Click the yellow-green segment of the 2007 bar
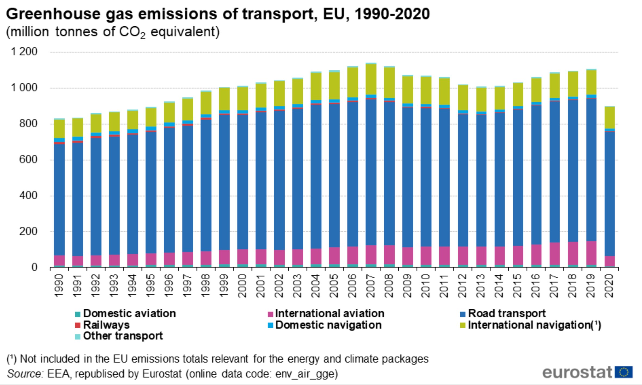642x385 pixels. (371, 79)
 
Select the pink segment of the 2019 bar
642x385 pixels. (591, 253)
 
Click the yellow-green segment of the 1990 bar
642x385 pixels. (59, 129)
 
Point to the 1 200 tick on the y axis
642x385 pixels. (24, 52)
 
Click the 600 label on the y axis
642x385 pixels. (28, 159)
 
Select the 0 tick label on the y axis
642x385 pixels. (34, 267)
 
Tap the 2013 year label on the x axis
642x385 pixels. (481, 286)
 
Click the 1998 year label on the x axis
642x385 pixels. (206, 286)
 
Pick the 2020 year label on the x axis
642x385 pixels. (609, 286)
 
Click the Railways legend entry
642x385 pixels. (106, 325)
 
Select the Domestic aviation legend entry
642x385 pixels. (129, 314)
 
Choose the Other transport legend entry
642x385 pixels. (123, 336)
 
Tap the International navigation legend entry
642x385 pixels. (534, 325)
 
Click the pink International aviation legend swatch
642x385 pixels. (270, 314)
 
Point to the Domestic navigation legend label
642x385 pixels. (328, 325)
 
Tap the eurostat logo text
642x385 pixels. (577, 372)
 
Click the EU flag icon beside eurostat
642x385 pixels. (624, 372)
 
